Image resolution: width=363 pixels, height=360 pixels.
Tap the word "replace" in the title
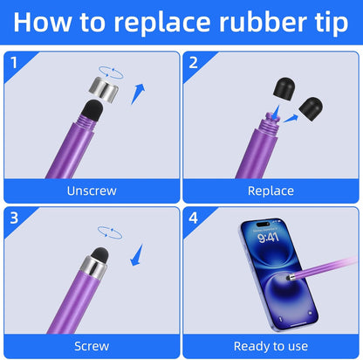[x=162, y=24]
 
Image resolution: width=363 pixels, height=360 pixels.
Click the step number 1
[x=14, y=63]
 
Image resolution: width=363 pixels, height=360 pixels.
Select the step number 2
[x=194, y=63]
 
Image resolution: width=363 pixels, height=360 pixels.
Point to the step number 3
[x=14, y=218]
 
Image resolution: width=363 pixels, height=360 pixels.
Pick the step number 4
[x=194, y=218]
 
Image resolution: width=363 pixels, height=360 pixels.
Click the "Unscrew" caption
[x=92, y=190]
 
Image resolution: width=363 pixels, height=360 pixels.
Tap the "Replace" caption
[x=271, y=191]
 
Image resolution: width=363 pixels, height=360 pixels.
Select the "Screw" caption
[x=92, y=346]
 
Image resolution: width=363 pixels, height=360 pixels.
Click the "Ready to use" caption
[x=271, y=347]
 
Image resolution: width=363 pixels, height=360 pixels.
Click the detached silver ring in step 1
[x=104, y=89]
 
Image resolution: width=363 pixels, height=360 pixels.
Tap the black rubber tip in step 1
[x=92, y=111]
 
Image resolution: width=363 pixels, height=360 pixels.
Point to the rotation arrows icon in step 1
[x=111, y=73]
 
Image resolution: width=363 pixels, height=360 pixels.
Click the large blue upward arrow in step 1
[x=138, y=93]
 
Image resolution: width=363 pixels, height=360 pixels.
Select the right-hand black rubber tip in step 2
[x=311, y=108]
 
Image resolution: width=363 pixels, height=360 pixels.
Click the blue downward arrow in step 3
[x=137, y=255]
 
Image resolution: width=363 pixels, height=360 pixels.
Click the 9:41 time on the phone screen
[x=268, y=238]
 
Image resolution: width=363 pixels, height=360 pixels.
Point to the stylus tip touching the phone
[x=289, y=278]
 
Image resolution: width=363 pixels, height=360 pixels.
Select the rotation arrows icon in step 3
[x=110, y=232]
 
